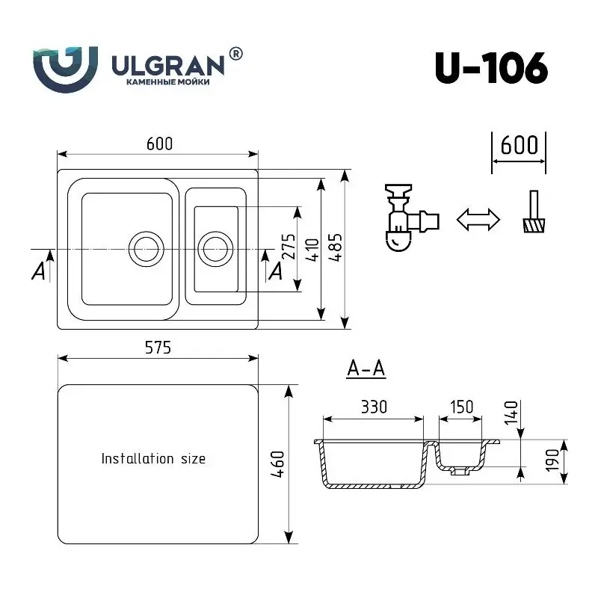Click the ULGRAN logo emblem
(65, 70)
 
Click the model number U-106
(491, 68)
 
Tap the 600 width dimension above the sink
(159, 144)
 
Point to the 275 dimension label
(289, 247)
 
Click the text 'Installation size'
(153, 458)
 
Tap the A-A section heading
(366, 369)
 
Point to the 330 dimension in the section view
(374, 407)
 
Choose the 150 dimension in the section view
(461, 407)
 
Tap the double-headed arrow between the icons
(478, 219)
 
